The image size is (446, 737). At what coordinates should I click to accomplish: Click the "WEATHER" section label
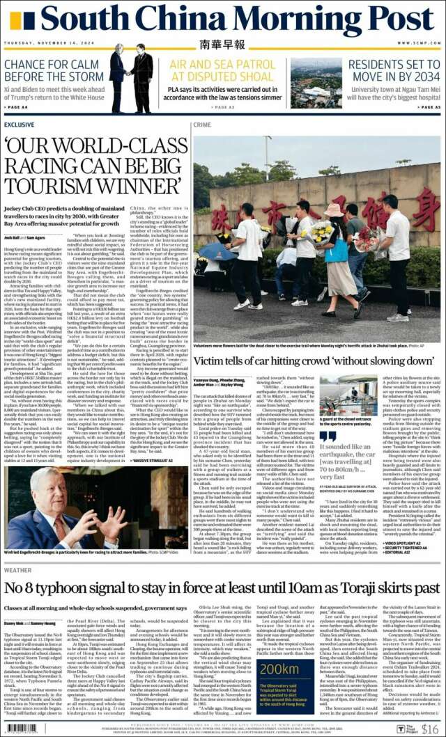click(17, 570)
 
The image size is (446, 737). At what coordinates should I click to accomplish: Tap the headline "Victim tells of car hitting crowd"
click(314, 362)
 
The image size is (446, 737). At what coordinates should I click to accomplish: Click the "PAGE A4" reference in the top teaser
click(17, 106)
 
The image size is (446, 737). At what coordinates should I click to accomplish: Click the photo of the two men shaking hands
click(130, 81)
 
